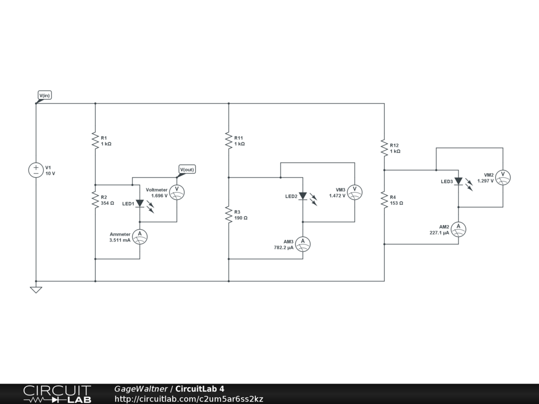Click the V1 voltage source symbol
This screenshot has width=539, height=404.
tap(36, 170)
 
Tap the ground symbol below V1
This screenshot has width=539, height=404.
tap(36, 289)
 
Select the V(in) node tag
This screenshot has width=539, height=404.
tap(44, 95)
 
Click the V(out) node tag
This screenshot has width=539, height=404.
tap(187, 169)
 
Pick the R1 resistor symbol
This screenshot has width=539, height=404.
tap(95, 140)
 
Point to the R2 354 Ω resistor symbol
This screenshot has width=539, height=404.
tap(95, 199)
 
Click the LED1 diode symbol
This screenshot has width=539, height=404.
tap(140, 204)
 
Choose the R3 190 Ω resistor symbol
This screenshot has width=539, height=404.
tap(229, 215)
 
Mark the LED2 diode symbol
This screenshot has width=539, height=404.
tap(303, 196)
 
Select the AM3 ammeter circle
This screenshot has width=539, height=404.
tap(303, 244)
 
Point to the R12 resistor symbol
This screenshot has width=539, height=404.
tap(384, 148)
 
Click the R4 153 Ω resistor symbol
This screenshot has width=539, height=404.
tap(384, 199)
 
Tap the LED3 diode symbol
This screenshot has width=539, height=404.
tap(458, 181)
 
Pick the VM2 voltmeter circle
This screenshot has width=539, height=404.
tap(503, 178)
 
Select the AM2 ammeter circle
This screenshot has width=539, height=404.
tap(458, 229)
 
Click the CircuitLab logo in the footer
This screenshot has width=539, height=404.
tap(57, 394)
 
